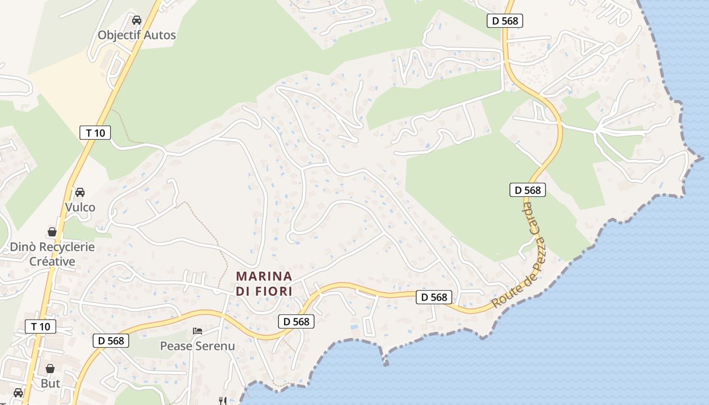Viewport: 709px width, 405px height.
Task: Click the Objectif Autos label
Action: click(x=137, y=35)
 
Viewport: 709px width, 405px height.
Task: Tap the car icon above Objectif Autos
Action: click(x=136, y=20)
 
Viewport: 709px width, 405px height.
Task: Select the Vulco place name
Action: click(x=80, y=207)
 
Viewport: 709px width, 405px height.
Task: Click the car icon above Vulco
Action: click(x=80, y=192)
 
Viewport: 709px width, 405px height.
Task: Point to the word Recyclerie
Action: click(x=63, y=247)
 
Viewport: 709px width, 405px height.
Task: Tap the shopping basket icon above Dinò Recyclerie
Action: click(x=52, y=232)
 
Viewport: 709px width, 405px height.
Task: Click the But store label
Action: click(x=51, y=383)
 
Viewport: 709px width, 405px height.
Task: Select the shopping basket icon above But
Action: click(x=50, y=369)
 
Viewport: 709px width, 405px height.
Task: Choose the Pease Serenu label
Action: click(x=198, y=346)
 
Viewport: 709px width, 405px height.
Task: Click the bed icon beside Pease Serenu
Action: click(x=198, y=331)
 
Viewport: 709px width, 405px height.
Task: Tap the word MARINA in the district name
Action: click(x=264, y=276)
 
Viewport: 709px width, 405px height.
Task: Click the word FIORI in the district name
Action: click(x=275, y=292)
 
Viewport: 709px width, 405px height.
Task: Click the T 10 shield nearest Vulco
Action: click(x=95, y=133)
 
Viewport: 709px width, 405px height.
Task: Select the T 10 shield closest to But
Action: click(x=41, y=327)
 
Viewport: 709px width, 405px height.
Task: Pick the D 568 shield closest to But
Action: click(x=111, y=341)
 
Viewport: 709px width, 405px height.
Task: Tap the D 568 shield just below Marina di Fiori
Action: click(x=296, y=321)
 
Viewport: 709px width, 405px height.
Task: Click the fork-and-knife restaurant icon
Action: click(x=222, y=401)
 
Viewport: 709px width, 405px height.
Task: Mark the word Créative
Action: click(x=52, y=261)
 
